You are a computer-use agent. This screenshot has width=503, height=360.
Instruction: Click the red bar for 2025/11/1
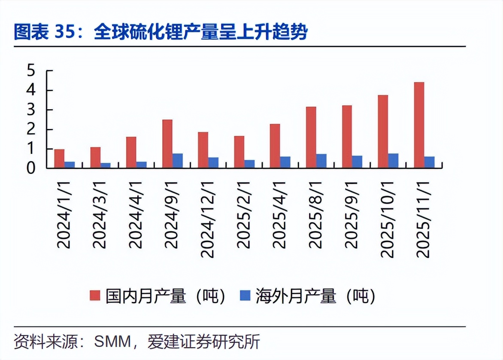click(419, 125)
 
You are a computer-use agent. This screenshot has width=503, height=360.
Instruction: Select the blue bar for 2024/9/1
click(177, 161)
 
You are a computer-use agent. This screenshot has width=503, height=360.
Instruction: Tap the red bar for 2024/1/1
click(59, 159)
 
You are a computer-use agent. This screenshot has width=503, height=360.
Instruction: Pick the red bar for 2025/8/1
click(311, 137)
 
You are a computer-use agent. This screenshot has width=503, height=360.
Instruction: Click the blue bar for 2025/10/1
click(393, 161)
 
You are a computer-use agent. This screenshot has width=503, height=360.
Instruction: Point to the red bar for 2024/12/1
click(203, 150)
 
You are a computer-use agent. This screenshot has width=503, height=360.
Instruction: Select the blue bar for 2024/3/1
click(105, 165)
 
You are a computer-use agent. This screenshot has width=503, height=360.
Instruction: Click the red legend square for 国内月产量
click(94, 295)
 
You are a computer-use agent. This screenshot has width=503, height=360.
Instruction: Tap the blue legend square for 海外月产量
click(244, 295)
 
